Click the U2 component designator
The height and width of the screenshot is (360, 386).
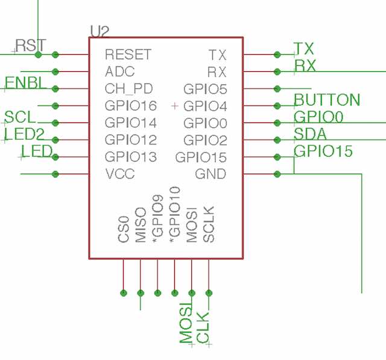click(x=100, y=31)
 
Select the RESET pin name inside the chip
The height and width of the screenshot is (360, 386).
click(x=128, y=54)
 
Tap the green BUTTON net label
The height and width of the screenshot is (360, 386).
click(x=327, y=99)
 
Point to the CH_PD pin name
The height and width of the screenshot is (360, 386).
click(x=128, y=89)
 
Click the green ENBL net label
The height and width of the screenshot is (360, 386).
click(x=25, y=83)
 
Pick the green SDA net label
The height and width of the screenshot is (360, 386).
click(x=310, y=134)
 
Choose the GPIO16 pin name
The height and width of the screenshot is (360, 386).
click(x=131, y=106)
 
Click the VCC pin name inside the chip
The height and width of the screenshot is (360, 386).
click(x=120, y=174)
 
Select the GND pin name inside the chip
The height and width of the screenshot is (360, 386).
click(x=210, y=174)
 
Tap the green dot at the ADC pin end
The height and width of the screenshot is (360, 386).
click(x=55, y=72)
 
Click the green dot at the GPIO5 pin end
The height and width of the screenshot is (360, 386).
click(x=277, y=89)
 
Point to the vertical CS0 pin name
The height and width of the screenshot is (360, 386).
click(x=124, y=229)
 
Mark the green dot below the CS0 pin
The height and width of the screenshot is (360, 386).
click(x=124, y=293)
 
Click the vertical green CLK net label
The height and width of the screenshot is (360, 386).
click(x=203, y=327)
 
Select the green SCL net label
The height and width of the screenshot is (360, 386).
click(x=20, y=117)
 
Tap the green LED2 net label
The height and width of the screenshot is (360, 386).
click(x=24, y=134)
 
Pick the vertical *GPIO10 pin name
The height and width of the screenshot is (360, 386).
click(x=175, y=215)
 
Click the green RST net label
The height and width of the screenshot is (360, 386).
click(x=31, y=45)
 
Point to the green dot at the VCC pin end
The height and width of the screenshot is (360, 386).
click(x=55, y=174)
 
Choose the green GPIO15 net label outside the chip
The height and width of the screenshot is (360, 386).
click(x=323, y=151)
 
